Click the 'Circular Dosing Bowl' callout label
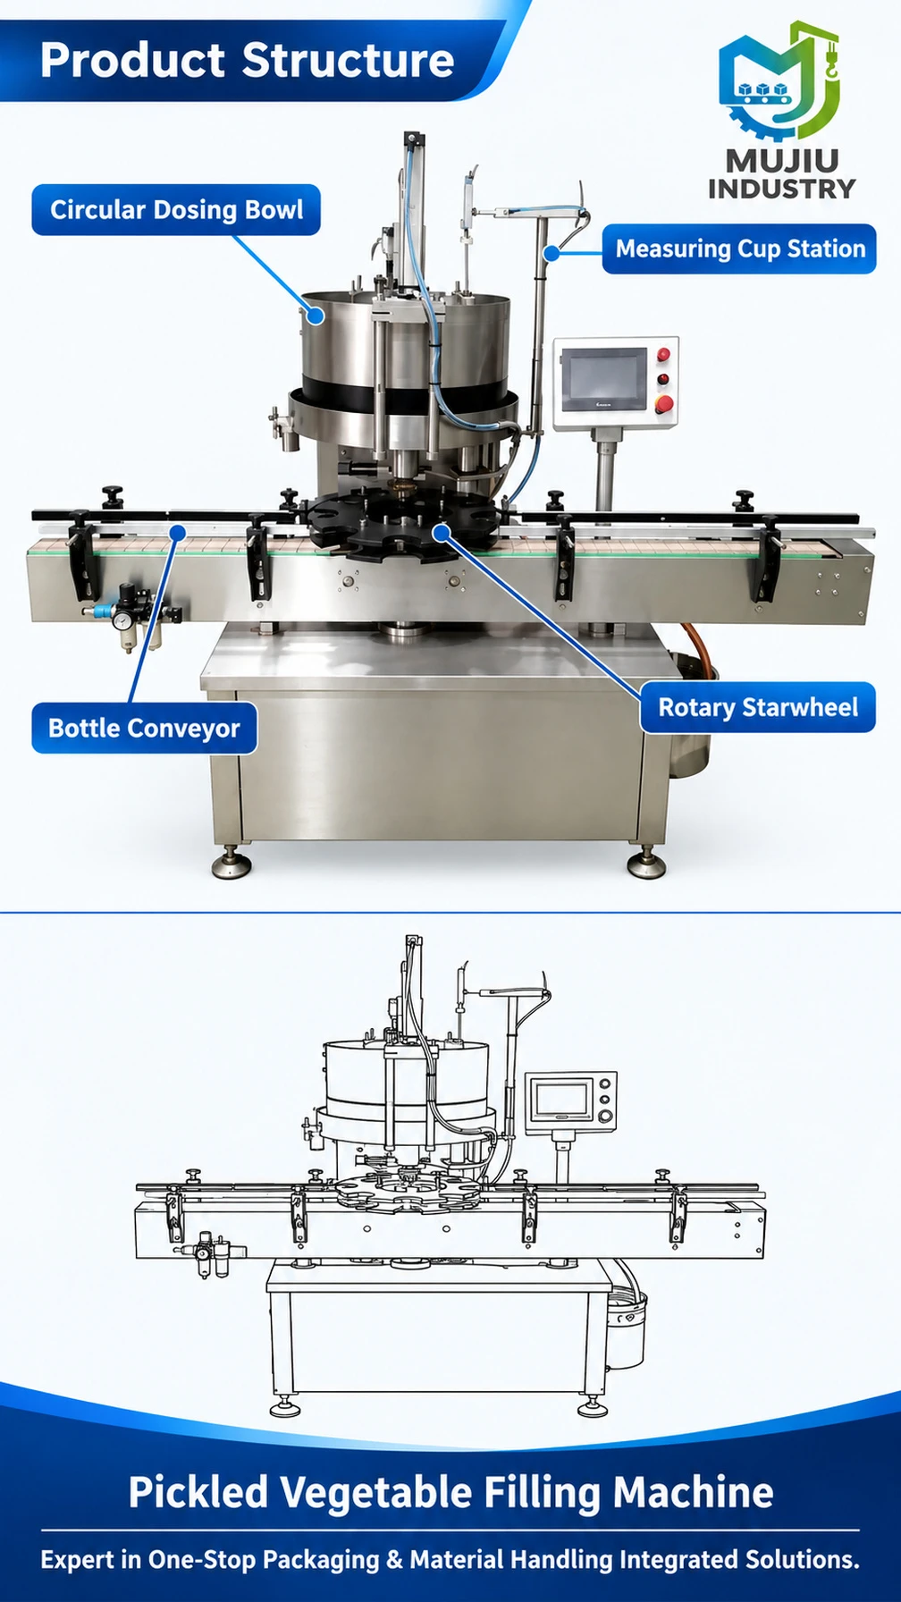[176, 210]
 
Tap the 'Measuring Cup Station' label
[739, 249]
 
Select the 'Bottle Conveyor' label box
[144, 728]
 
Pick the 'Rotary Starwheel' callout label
[757, 707]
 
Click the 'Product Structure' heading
[248, 60]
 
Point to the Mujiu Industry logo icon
[779, 80]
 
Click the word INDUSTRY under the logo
[781, 189]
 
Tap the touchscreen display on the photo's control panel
[603, 375]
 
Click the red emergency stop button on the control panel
[663, 404]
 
